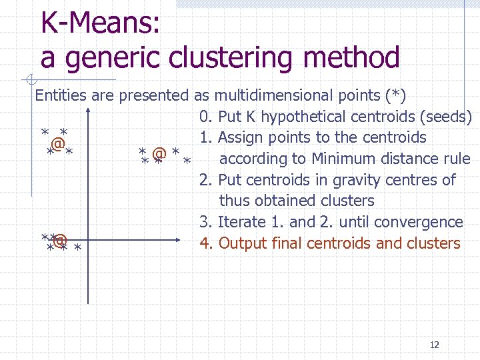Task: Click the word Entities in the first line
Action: pos(61,95)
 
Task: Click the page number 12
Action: pos(435,345)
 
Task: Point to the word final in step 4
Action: pos(285,243)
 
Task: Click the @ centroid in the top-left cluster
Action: pos(58,143)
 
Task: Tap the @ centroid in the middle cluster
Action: pos(159,153)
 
